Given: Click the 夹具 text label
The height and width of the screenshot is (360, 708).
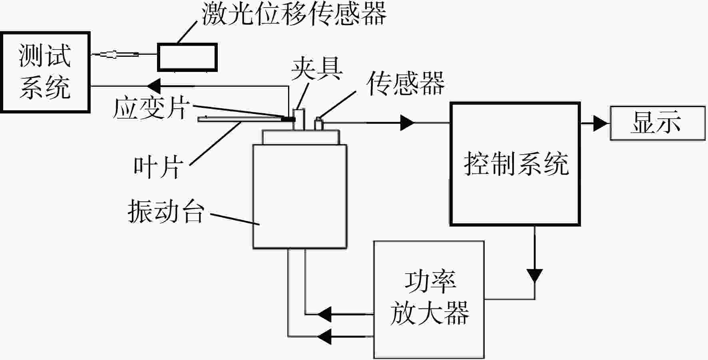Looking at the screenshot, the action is pyautogui.click(x=317, y=69).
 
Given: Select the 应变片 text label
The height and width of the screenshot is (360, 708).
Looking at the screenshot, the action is pyautogui.click(x=150, y=108).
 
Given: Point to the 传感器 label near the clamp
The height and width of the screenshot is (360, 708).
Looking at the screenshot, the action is pyautogui.click(x=406, y=84).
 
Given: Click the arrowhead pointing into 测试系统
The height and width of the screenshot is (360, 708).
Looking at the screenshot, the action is pyautogui.click(x=154, y=86).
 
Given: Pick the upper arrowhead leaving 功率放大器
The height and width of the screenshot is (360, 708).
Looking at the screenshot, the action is pyautogui.click(x=325, y=314).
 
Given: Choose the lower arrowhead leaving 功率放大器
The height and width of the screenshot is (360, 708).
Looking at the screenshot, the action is pyautogui.click(x=325, y=336).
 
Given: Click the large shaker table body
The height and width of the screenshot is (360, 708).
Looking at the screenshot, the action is pyautogui.click(x=300, y=196).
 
